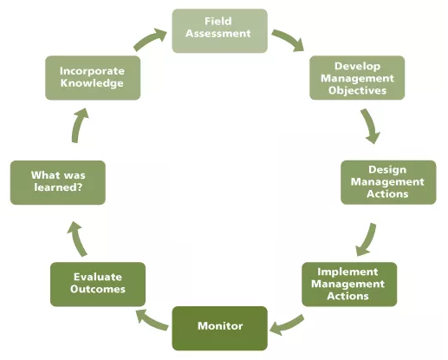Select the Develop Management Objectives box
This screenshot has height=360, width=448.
click(x=358, y=78)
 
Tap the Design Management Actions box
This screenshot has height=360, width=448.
click(x=387, y=181)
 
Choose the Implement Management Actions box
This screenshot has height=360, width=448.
click(x=348, y=284)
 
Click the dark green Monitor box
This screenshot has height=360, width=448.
click(x=219, y=327)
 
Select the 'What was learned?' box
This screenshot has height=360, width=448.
click(x=57, y=181)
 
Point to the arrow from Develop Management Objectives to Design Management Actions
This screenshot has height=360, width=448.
click(x=371, y=127)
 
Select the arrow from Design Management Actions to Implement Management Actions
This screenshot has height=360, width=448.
click(x=368, y=236)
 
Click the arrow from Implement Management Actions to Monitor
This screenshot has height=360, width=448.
click(x=288, y=324)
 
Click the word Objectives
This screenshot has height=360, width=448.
click(x=358, y=90)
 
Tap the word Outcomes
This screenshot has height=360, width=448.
click(x=96, y=290)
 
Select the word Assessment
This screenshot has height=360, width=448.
click(x=218, y=34)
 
